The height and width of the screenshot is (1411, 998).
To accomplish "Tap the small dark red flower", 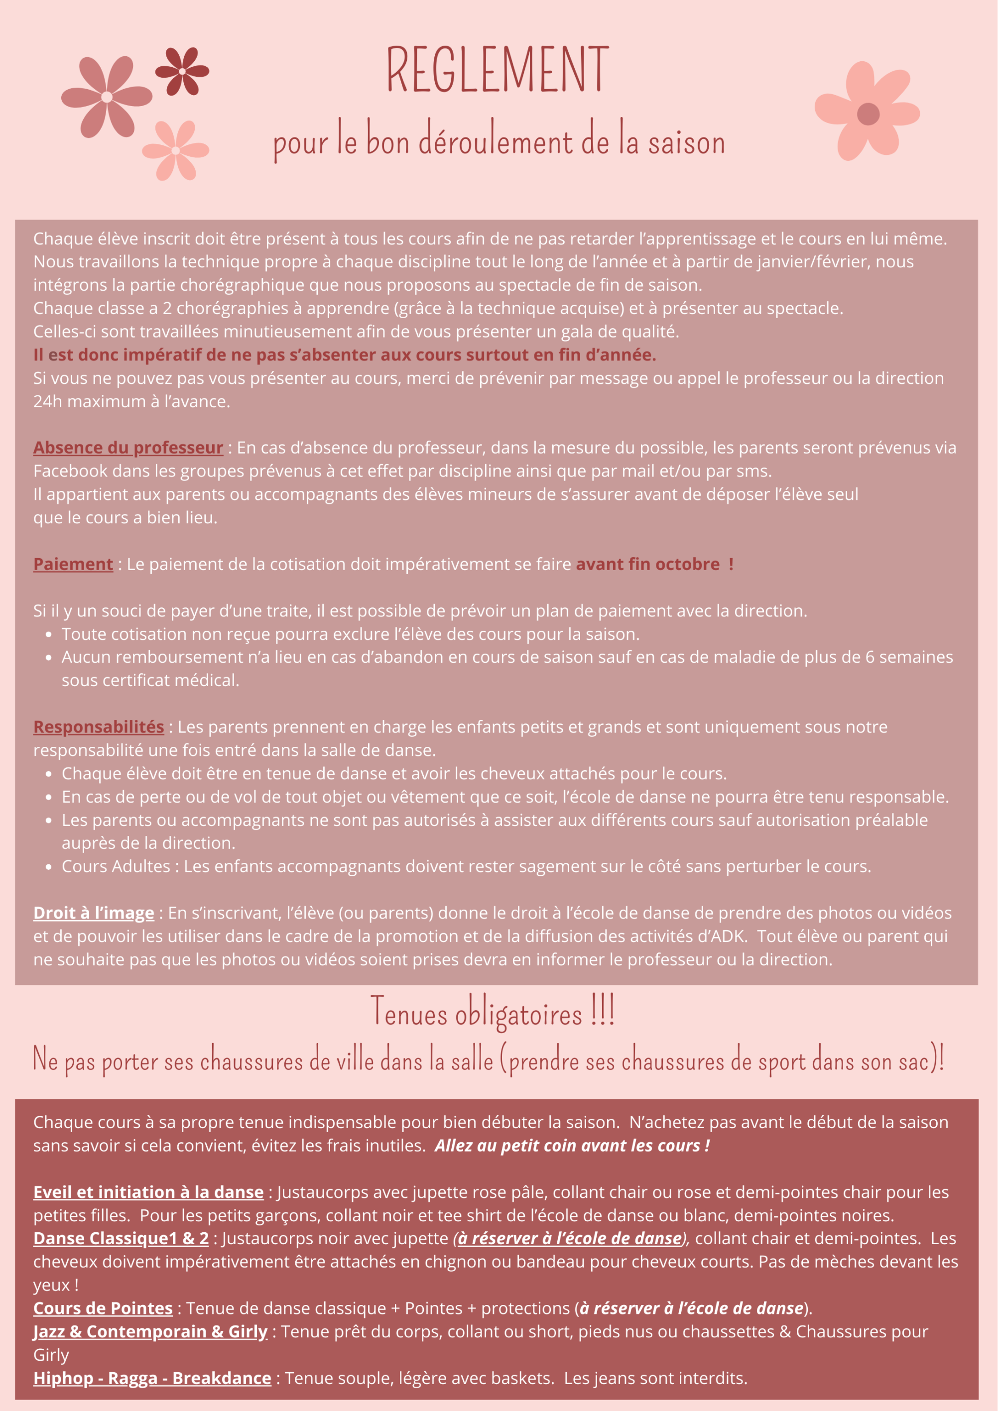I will coord(182,71).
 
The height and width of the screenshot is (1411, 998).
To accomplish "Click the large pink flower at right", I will coord(867,113).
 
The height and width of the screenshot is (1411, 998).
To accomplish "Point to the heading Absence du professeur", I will coord(128,448).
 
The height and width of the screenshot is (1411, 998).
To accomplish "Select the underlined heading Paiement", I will coord(73,564).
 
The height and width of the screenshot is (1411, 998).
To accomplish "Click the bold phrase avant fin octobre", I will coord(648,564).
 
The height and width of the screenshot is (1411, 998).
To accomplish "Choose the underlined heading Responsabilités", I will coord(98,727).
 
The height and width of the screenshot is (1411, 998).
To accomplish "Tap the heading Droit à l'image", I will coord(94,913).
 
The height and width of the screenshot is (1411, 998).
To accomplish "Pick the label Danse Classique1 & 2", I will coord(121,1238).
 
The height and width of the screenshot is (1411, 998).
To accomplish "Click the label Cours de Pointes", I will coord(103,1308).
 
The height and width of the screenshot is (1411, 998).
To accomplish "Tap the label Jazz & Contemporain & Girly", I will coord(150,1332).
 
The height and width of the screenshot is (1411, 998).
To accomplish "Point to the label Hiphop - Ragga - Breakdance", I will coord(152,1379).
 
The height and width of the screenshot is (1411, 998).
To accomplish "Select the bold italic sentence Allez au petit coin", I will coord(572,1146).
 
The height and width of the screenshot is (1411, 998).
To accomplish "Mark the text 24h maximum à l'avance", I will coord(131,402).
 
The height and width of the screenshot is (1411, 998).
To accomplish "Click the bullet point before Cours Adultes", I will coord(48,867).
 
